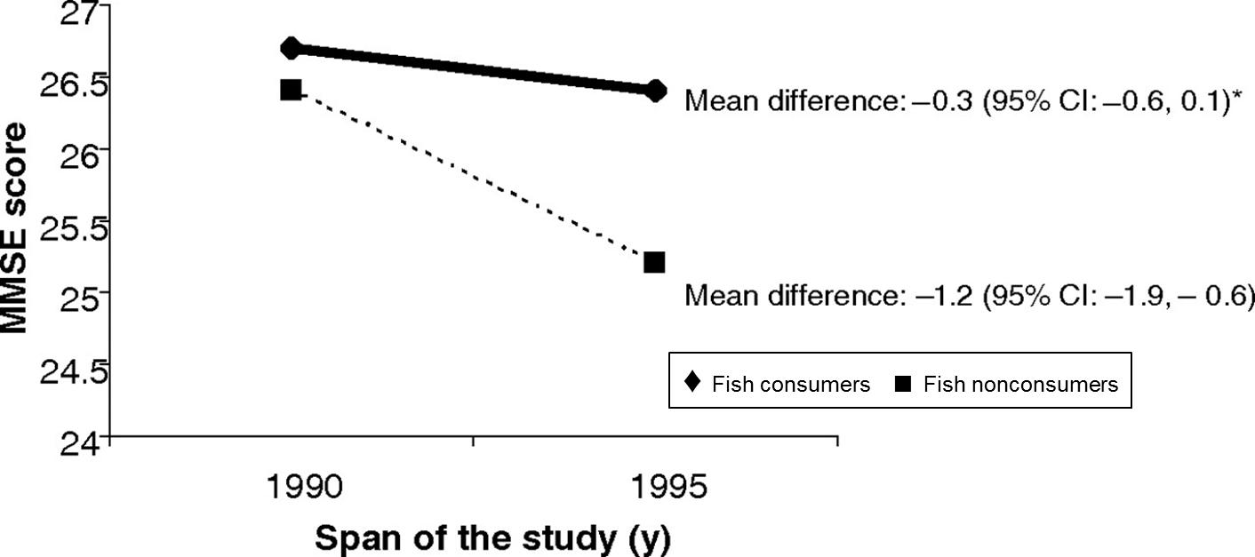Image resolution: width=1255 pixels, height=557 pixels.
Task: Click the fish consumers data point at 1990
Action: click(x=292, y=48)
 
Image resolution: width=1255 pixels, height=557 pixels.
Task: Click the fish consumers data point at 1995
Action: click(x=656, y=91)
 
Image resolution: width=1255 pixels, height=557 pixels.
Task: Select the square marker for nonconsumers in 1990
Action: click(x=291, y=89)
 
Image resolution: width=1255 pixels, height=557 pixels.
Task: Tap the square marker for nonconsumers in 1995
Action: click(x=654, y=262)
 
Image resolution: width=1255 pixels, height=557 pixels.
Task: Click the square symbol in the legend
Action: click(x=903, y=384)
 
